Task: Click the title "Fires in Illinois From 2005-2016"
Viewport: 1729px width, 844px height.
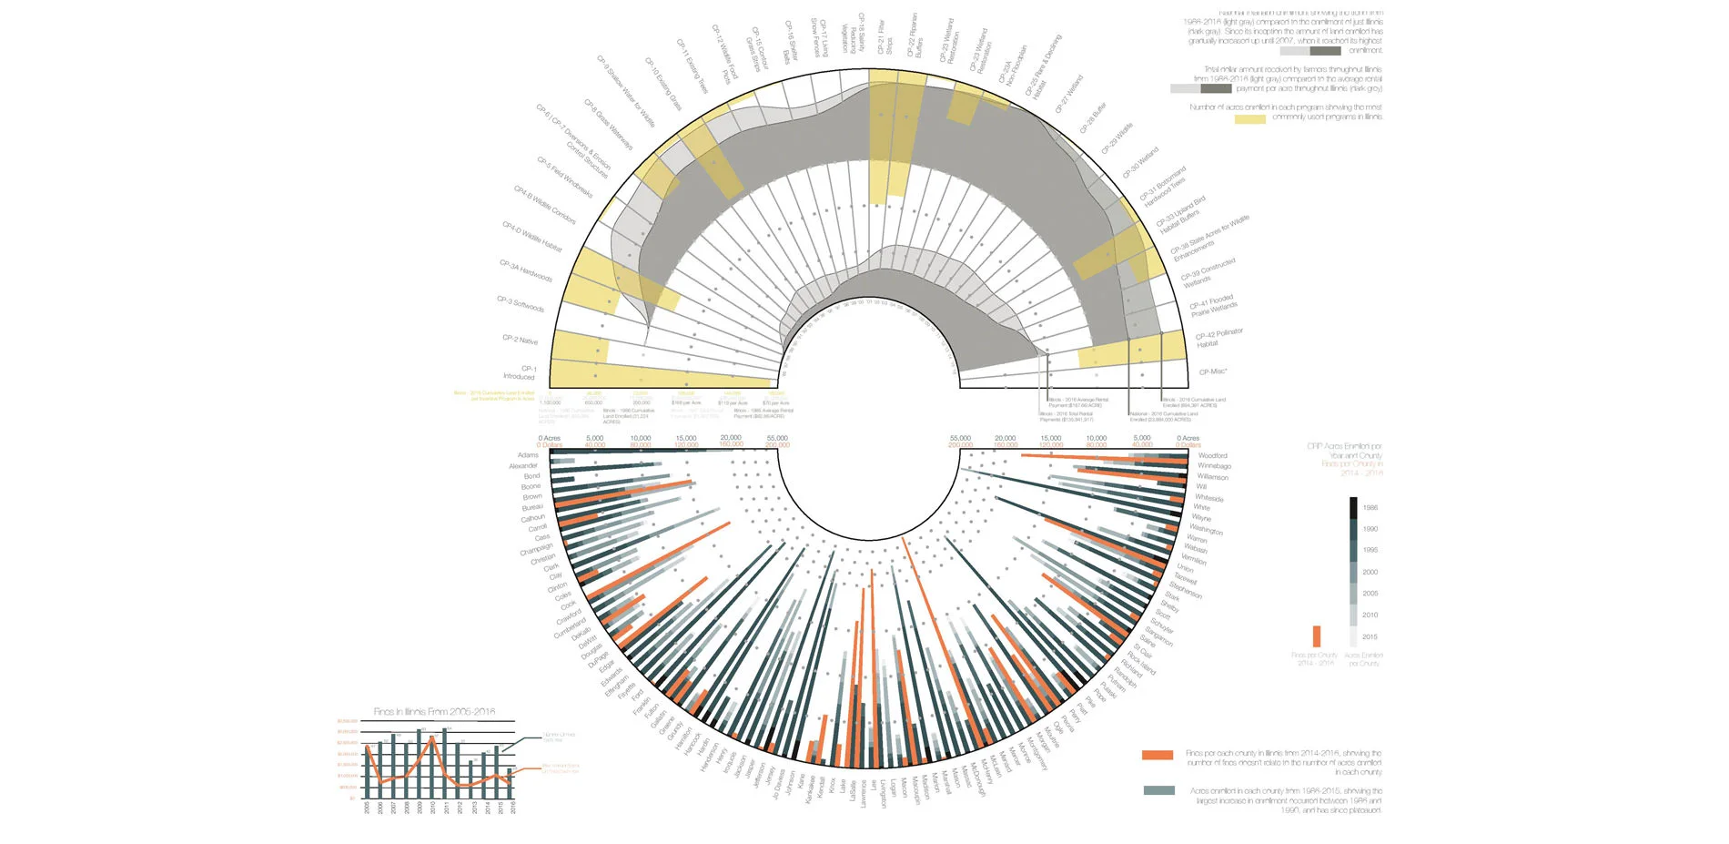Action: [x=434, y=712]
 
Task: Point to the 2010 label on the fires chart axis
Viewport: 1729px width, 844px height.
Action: [x=433, y=808]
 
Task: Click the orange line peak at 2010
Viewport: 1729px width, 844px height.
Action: [x=432, y=738]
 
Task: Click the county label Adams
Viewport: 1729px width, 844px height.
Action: [x=528, y=455]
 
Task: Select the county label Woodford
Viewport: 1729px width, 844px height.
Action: [x=1212, y=455]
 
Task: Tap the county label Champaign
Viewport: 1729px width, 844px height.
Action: [x=536, y=550]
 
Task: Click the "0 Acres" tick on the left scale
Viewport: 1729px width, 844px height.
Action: [x=549, y=438]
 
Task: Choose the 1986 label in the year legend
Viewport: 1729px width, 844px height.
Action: [x=1370, y=508]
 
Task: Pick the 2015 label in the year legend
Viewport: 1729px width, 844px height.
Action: [x=1370, y=637]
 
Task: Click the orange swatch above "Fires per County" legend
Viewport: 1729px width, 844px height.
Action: [x=1316, y=636]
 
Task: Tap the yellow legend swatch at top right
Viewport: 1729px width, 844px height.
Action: [x=1249, y=118]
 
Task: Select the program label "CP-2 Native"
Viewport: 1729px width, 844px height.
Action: [x=520, y=339]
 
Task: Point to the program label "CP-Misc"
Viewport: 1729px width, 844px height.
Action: [x=1213, y=371]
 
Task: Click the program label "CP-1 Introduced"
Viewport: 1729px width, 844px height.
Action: [x=521, y=372]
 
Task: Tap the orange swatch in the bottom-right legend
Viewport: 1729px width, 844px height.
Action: [x=1158, y=755]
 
